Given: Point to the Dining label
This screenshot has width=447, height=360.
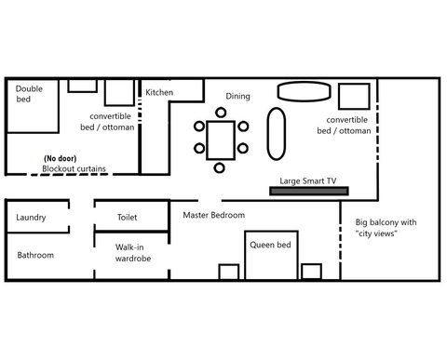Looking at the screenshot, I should (239, 96).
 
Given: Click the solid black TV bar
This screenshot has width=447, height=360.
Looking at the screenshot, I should (309, 192).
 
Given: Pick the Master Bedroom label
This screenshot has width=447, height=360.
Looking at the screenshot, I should (214, 216).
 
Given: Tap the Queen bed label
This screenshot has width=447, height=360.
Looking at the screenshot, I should (270, 245).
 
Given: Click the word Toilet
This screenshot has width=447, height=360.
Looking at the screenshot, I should (128, 217).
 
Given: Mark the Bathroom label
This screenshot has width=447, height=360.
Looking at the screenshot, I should (36, 255).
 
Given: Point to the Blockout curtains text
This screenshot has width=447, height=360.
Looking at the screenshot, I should (74, 169).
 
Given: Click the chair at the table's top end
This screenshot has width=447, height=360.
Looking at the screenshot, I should (219, 112).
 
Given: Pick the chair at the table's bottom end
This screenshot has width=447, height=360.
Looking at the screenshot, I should (219, 167).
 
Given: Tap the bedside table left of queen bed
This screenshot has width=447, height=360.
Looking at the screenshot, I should (228, 272).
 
